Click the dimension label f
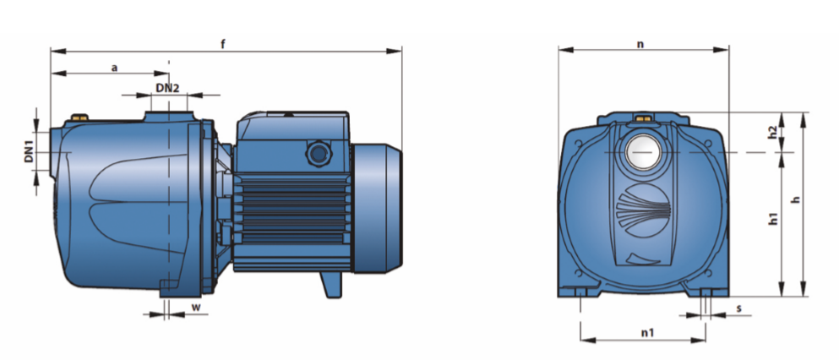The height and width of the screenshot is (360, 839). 223,44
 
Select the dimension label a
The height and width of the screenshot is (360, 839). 113,68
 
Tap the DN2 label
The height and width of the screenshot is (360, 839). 167,88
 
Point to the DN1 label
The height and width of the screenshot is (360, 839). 30,152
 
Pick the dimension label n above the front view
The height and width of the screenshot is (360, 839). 640,45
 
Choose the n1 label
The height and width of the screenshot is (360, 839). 647,333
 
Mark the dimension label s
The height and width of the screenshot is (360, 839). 739,308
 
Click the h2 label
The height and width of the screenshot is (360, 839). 771,133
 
